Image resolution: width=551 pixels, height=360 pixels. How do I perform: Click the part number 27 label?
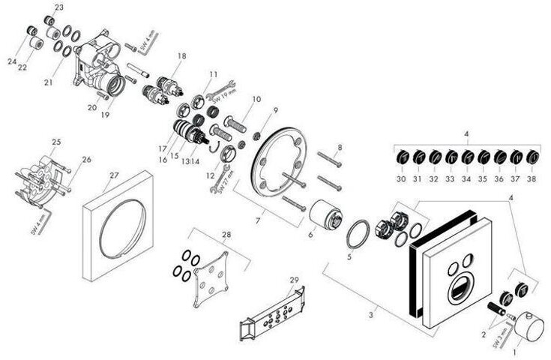[114, 175]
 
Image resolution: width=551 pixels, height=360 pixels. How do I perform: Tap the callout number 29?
[294, 280]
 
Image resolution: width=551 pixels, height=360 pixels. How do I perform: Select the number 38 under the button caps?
[532, 179]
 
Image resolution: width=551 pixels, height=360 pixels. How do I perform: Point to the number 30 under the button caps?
[401, 179]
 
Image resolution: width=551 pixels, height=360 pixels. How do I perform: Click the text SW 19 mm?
[223, 95]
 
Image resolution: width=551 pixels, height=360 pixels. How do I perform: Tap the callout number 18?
[181, 56]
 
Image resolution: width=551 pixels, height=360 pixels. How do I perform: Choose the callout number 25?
[56, 142]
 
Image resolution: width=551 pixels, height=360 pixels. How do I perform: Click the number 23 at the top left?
[59, 7]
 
